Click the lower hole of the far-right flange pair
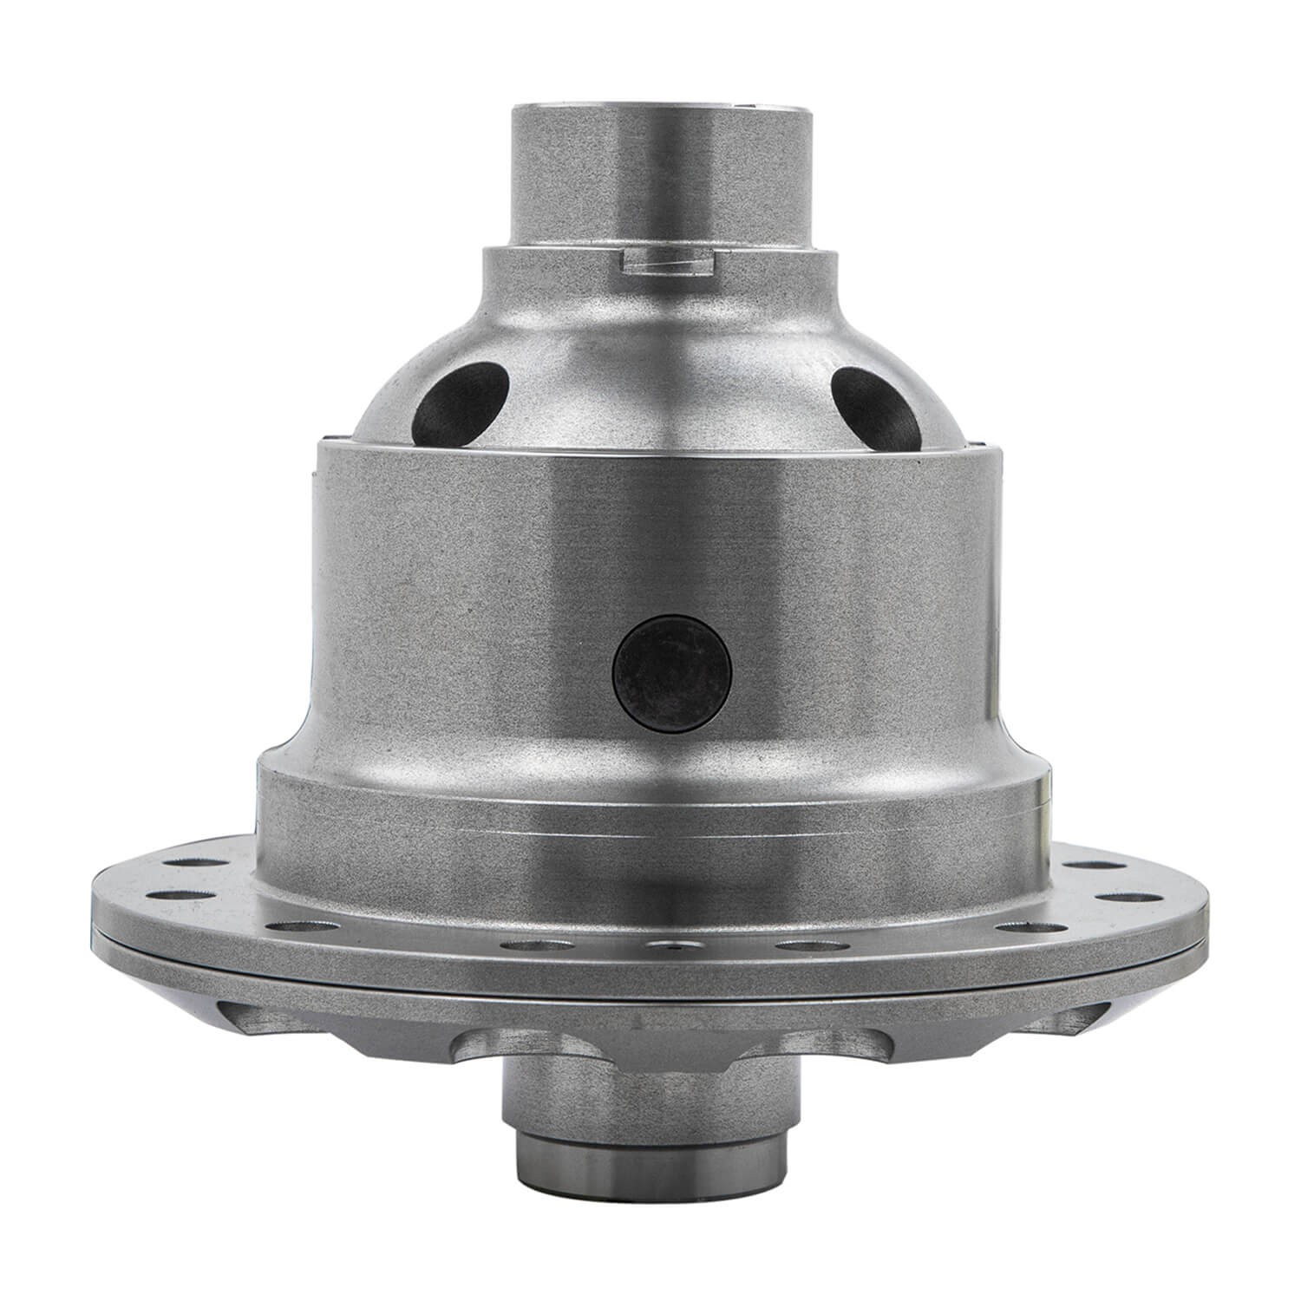(x=1127, y=896)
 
